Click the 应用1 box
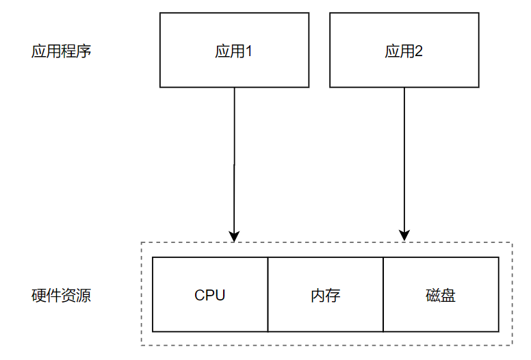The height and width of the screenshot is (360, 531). pyautogui.click(x=234, y=51)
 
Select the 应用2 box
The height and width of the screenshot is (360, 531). pyautogui.click(x=404, y=51)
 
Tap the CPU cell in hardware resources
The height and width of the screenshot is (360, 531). pyautogui.click(x=209, y=295)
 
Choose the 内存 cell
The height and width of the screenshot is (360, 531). pyautogui.click(x=325, y=295)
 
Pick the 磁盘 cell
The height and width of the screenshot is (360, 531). pyautogui.click(x=441, y=295)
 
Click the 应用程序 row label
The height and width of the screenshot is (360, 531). pyautogui.click(x=61, y=51)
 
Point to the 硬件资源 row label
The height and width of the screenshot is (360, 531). pyautogui.click(x=61, y=296)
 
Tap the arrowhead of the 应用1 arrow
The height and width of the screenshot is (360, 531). pyautogui.click(x=234, y=237)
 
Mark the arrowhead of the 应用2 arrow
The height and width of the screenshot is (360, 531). pyautogui.click(x=404, y=237)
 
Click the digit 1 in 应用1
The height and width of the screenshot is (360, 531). pyautogui.click(x=248, y=51)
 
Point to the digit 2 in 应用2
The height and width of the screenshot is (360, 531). pyautogui.click(x=419, y=51)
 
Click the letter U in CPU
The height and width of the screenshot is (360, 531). pyautogui.click(x=220, y=296)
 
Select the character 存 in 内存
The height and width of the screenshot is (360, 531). pyautogui.click(x=333, y=296)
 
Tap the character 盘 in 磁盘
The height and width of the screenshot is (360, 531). pyautogui.click(x=448, y=296)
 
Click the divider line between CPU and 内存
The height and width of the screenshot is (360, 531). pyautogui.click(x=268, y=295)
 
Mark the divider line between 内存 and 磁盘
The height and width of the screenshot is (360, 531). pyautogui.click(x=383, y=295)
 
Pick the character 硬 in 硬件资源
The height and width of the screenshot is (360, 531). pyautogui.click(x=39, y=296)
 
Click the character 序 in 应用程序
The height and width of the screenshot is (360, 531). pyautogui.click(x=83, y=51)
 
